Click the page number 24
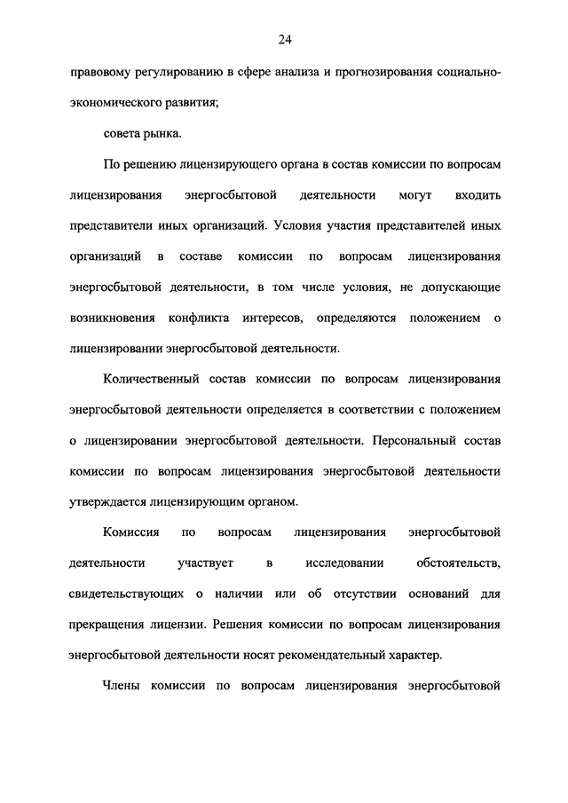pyautogui.click(x=284, y=38)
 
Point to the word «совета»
pyautogui.click(x=122, y=133)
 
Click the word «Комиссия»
pyautogui.click(x=130, y=532)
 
